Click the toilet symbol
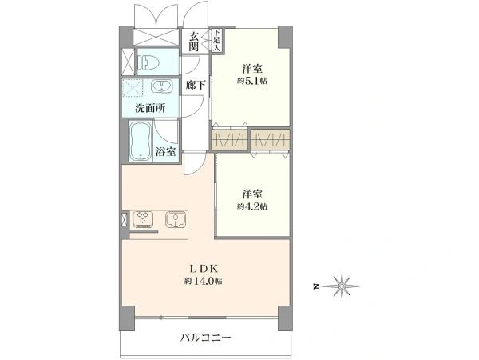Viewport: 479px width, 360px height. [x=148, y=62]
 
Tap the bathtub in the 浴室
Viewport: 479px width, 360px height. [x=141, y=141]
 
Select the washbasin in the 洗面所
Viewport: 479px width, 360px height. [x=162, y=86]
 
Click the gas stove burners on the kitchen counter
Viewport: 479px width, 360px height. [x=143, y=219]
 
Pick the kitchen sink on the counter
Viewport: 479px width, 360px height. [x=176, y=219]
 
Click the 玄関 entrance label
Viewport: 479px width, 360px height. [x=193, y=42]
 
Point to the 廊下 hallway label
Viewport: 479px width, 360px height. [x=196, y=85]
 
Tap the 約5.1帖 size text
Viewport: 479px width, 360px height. [x=252, y=81]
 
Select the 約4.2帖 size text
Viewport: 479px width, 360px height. [x=252, y=206]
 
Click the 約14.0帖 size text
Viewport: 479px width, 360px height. [x=203, y=281]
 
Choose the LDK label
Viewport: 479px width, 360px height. [x=204, y=269]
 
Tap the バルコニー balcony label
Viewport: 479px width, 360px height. [x=206, y=338]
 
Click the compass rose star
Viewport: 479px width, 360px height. [x=342, y=286]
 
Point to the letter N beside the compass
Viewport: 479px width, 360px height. [x=316, y=286]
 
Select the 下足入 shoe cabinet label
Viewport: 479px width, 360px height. [x=217, y=40]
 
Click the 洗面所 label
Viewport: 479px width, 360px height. [x=150, y=108]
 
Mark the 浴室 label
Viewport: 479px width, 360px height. [x=165, y=152]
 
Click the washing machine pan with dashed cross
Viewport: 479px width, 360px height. [x=133, y=88]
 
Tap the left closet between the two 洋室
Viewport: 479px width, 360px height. [x=230, y=140]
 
